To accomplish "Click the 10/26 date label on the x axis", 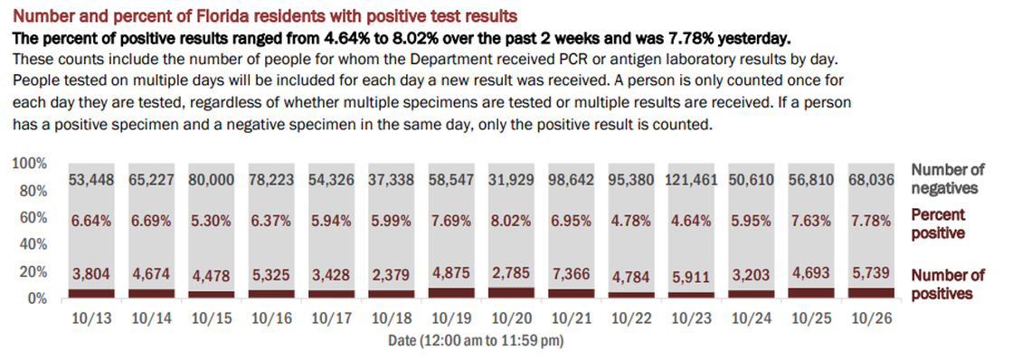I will [x=870, y=319].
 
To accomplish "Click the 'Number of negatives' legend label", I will [x=948, y=179].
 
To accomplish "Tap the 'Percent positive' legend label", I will [x=938, y=223].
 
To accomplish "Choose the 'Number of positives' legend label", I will [x=948, y=284].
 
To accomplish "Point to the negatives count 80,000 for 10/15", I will [x=212, y=181].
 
